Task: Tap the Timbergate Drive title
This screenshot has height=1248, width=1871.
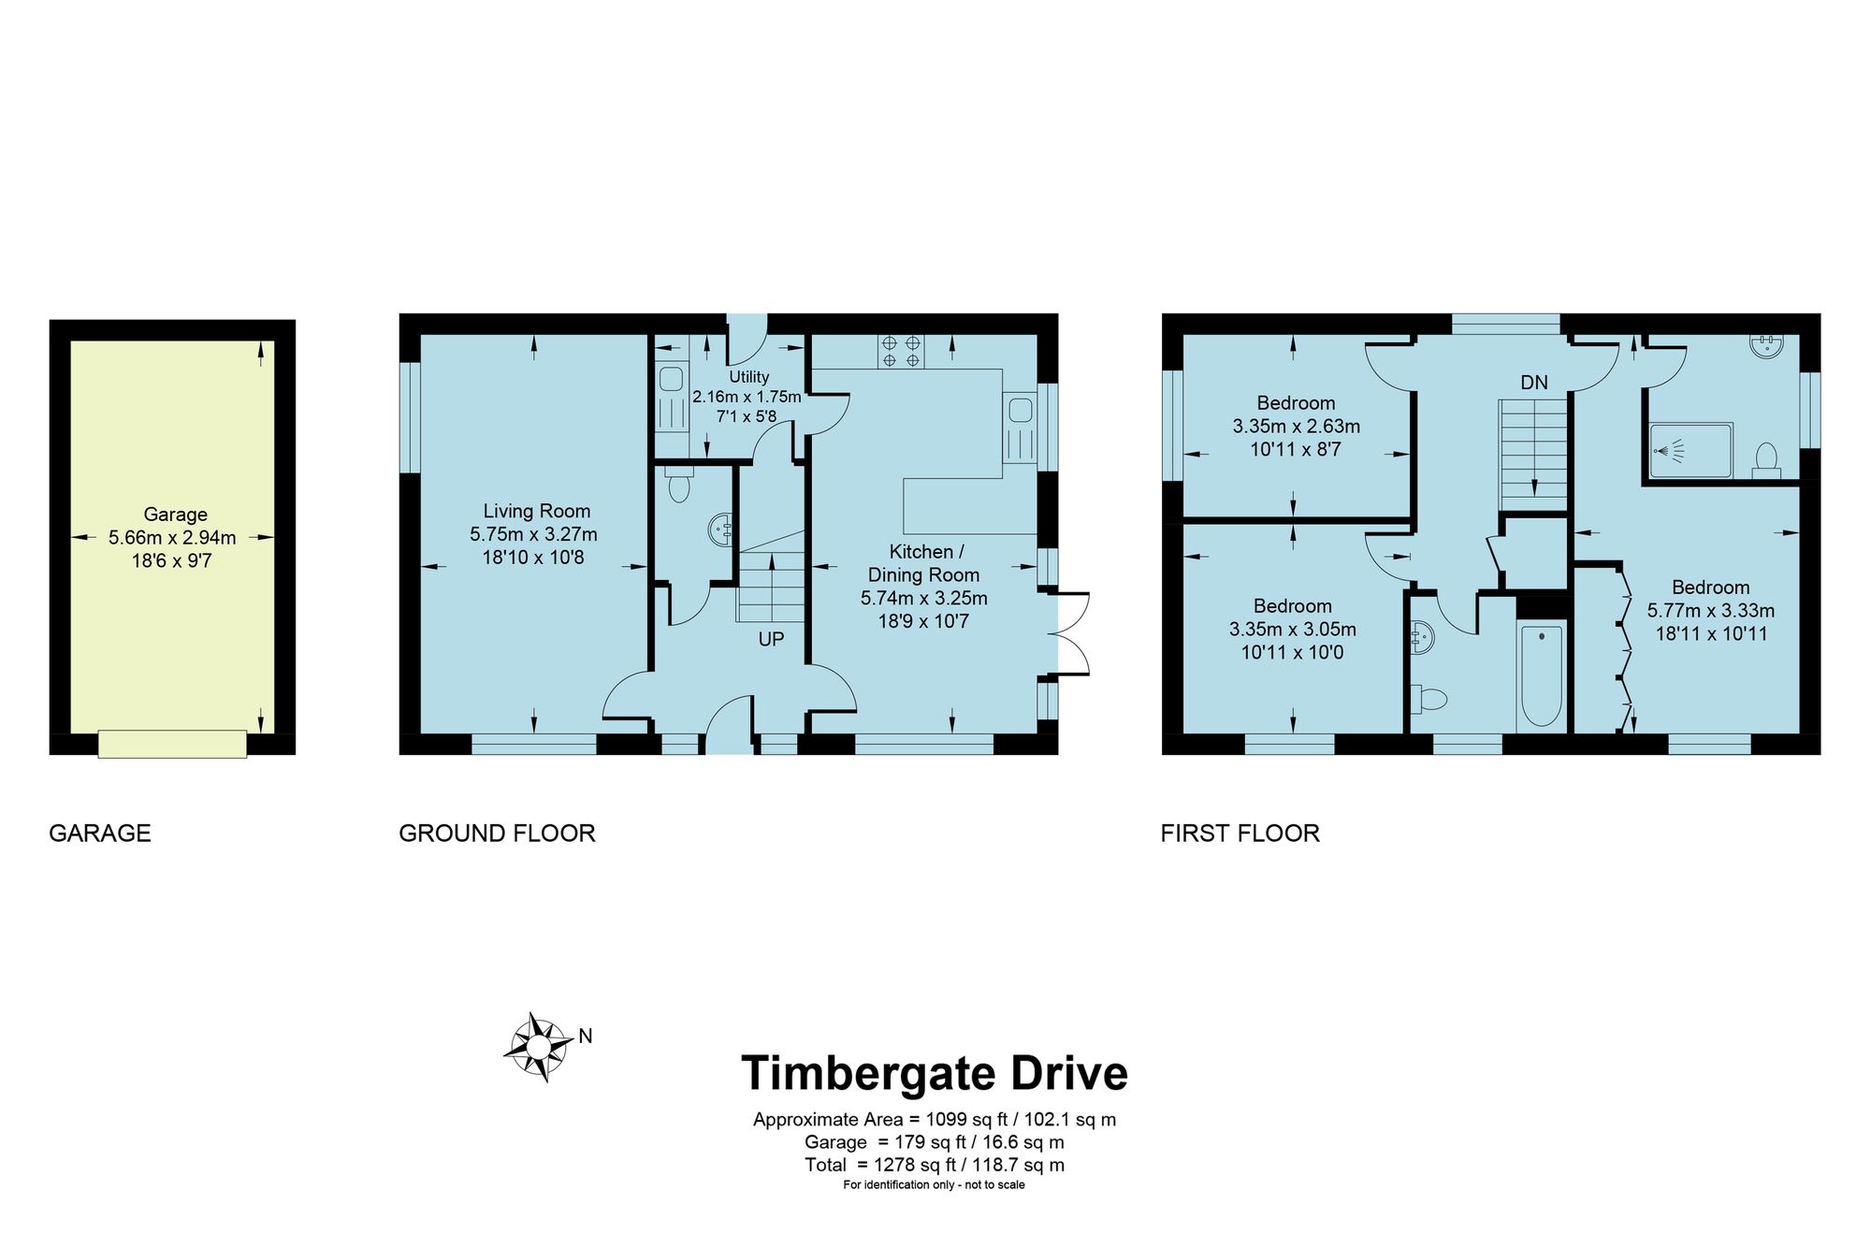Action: point(935,1073)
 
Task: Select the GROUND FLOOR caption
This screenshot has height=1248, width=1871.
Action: point(497,833)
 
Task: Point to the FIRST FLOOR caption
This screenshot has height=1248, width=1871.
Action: point(1240,833)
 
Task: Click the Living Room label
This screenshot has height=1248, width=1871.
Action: point(537,511)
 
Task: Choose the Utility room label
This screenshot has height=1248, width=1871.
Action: point(748,377)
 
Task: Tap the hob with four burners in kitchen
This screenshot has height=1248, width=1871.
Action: point(900,351)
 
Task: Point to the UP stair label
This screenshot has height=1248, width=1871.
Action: point(771,639)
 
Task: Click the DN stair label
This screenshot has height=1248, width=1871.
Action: point(1534,382)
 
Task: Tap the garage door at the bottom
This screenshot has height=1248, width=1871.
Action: point(172,744)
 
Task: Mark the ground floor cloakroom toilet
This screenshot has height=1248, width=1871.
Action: point(680,486)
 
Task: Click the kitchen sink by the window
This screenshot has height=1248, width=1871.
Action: point(1020,410)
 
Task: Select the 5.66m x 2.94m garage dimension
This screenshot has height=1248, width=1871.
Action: point(172,538)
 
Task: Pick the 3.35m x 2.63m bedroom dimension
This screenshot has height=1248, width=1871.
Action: point(1297,427)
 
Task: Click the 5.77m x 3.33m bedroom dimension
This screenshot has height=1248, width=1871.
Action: point(1711,611)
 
